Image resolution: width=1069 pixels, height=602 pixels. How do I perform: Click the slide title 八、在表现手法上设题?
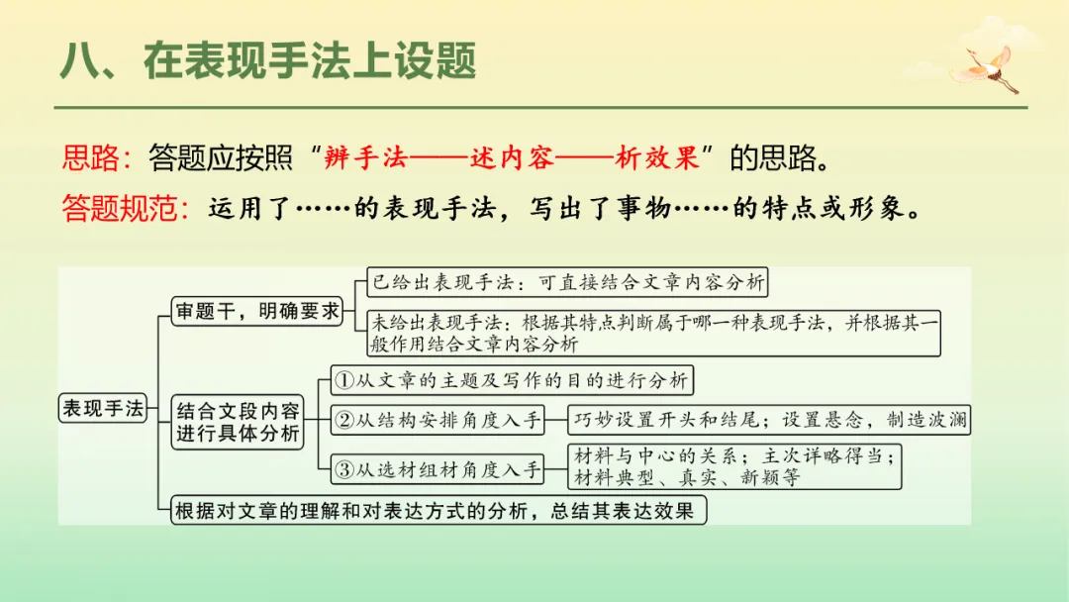click(x=268, y=61)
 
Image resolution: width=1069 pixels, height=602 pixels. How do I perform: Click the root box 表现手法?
click(x=103, y=407)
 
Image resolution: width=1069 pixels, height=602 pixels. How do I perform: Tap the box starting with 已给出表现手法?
click(x=566, y=282)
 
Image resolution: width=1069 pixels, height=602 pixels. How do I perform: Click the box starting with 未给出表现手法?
click(x=652, y=333)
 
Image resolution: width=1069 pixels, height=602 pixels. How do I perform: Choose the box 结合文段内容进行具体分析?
click(x=238, y=422)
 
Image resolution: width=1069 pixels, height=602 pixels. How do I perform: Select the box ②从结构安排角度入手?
click(x=437, y=420)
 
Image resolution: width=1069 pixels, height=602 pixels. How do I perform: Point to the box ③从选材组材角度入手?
click(x=437, y=470)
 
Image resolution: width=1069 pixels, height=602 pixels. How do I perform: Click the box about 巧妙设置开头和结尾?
click(x=769, y=420)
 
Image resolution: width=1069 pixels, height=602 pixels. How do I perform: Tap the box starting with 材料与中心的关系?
click(x=736, y=466)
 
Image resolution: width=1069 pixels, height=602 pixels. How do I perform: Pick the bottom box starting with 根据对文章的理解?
click(x=438, y=511)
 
